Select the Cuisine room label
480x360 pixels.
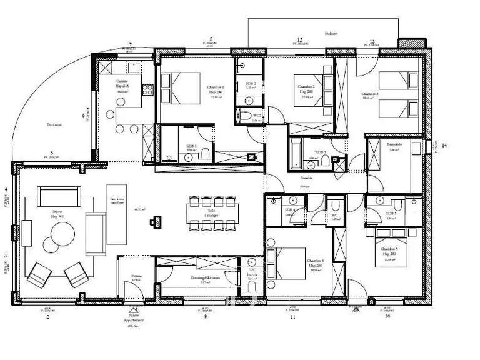pos(122,82)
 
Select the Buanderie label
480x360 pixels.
pos(394,144)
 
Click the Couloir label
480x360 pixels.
pos(306,177)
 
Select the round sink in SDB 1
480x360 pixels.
pos(189,158)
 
